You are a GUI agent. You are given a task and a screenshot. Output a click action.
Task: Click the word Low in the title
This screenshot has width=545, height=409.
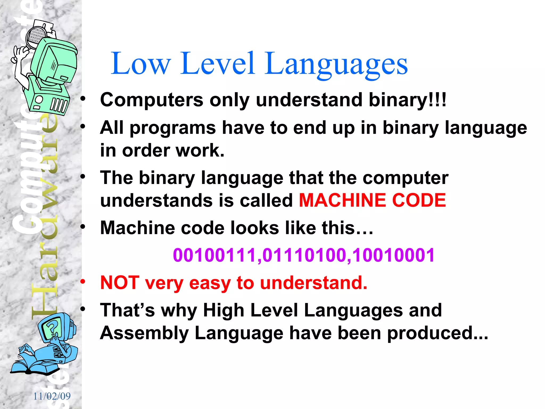[x=140, y=64]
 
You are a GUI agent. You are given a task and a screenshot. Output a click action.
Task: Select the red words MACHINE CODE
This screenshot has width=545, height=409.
[x=372, y=200]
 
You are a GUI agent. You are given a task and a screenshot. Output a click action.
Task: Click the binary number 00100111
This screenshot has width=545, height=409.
[x=214, y=255]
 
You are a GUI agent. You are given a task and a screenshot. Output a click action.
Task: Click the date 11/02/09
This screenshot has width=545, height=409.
[x=52, y=396]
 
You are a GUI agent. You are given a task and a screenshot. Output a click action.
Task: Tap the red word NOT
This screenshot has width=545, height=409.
[x=120, y=283]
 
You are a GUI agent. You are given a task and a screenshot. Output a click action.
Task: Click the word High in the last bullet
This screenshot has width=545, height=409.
[x=224, y=310]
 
